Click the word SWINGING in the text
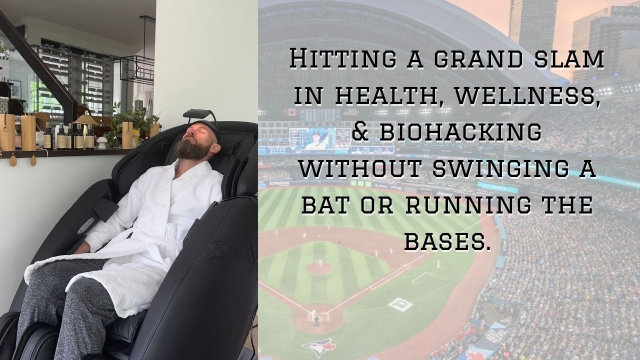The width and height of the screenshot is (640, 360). pyautogui.click(x=500, y=168)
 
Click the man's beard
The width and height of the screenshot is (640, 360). pyautogui.click(x=191, y=148)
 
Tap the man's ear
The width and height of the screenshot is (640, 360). pyautogui.click(x=215, y=148)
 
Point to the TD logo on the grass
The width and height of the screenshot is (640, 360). pyautogui.click(x=400, y=305)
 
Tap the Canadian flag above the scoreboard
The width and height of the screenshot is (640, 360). pyautogui.click(x=291, y=112)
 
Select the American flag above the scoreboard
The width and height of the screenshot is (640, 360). pyautogui.click(x=350, y=111)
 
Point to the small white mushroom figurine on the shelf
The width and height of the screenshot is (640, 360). pyautogui.click(x=101, y=142)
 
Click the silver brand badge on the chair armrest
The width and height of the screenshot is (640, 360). pyautogui.click(x=85, y=225)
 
